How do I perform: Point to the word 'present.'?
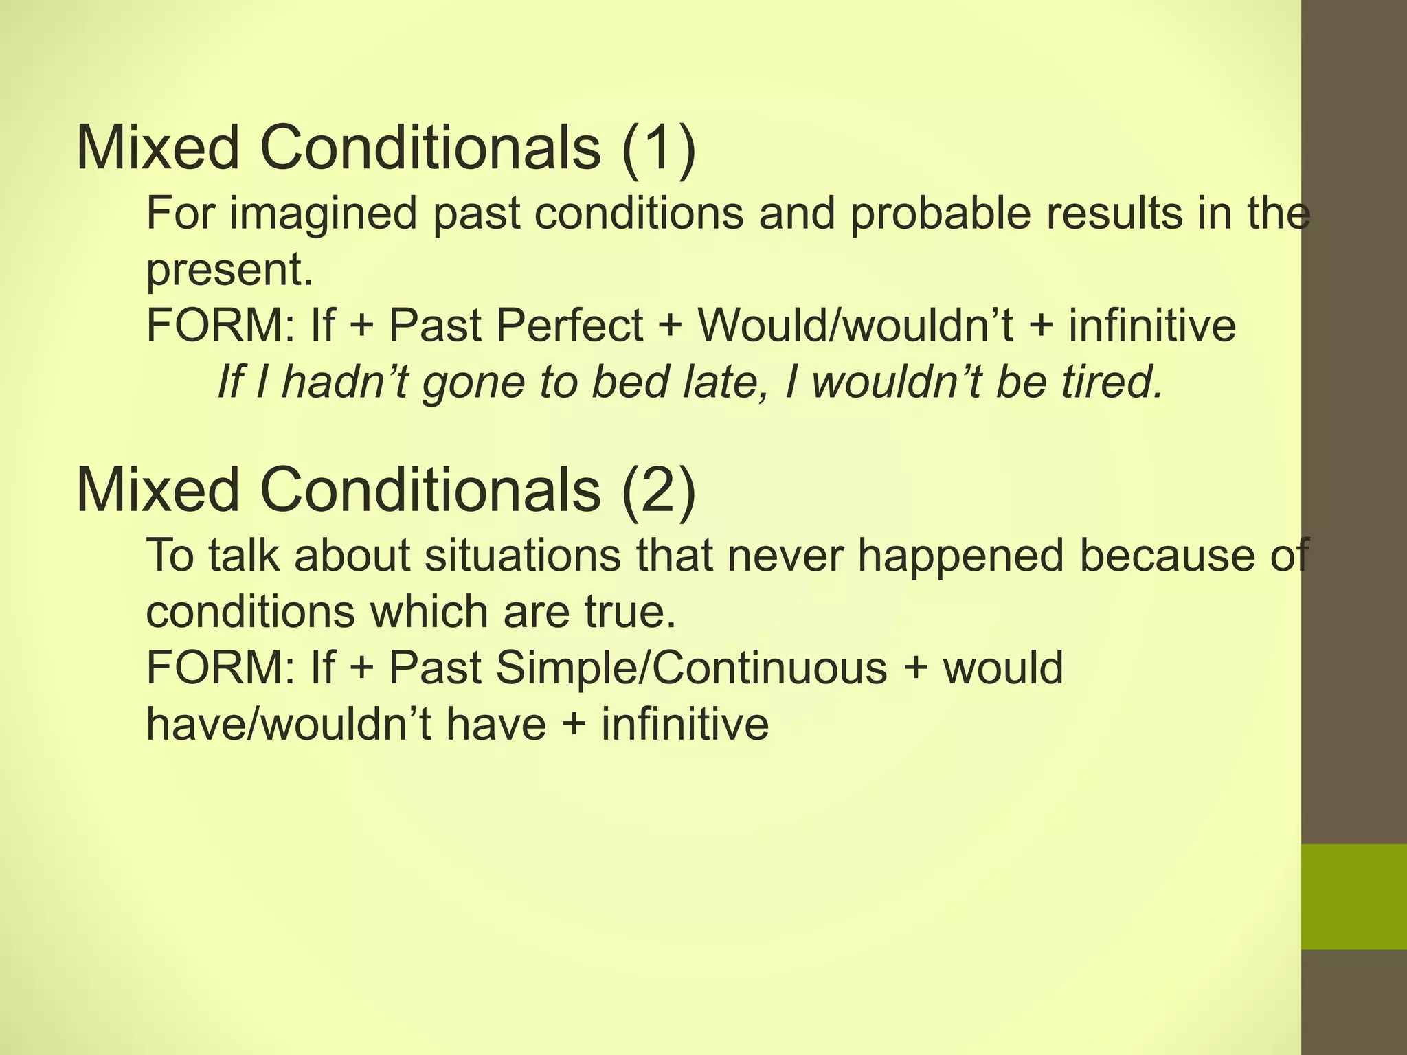coord(229,271)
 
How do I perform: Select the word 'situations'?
coord(522,555)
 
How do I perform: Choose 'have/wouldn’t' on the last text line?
coord(289,724)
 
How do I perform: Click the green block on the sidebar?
coord(1354,896)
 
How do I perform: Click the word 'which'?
coord(430,611)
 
